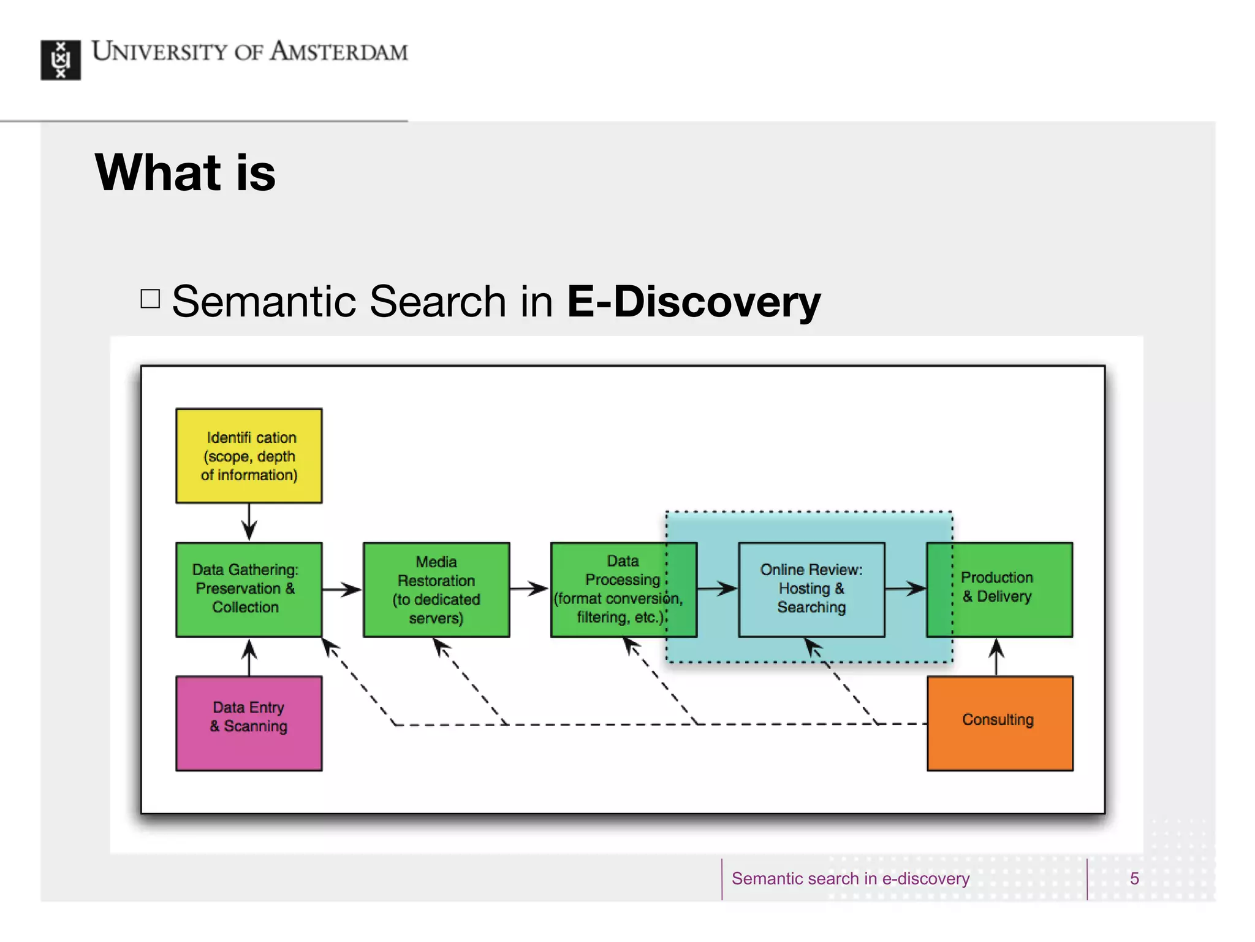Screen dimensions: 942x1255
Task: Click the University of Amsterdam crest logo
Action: click(x=60, y=60)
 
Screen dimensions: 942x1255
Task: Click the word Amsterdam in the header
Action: click(x=339, y=52)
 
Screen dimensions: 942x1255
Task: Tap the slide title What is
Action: click(x=185, y=173)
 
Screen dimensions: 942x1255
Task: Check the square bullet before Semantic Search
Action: click(x=150, y=299)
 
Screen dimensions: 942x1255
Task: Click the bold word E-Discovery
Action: click(x=693, y=302)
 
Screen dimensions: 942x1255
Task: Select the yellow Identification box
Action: click(x=249, y=456)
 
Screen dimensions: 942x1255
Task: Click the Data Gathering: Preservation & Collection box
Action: click(x=249, y=589)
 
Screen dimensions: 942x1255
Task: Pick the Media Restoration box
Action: click(x=436, y=589)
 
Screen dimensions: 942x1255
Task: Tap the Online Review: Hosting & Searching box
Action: click(x=811, y=589)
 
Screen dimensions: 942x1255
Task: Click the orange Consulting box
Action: click(x=999, y=723)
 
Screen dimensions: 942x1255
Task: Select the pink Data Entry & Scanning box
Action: click(x=249, y=723)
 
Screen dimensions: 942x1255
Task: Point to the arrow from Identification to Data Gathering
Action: click(x=249, y=523)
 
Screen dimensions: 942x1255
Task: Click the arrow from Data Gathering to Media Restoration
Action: click(x=342, y=589)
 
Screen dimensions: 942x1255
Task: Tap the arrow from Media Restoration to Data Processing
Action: click(x=529, y=589)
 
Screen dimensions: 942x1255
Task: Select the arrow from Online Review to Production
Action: click(x=905, y=589)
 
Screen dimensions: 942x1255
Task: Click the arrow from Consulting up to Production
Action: click(x=996, y=657)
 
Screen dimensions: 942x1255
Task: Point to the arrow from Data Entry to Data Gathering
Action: click(x=249, y=657)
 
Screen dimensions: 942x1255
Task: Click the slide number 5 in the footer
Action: click(x=1134, y=878)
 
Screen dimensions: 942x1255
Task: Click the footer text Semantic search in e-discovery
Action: click(x=850, y=878)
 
